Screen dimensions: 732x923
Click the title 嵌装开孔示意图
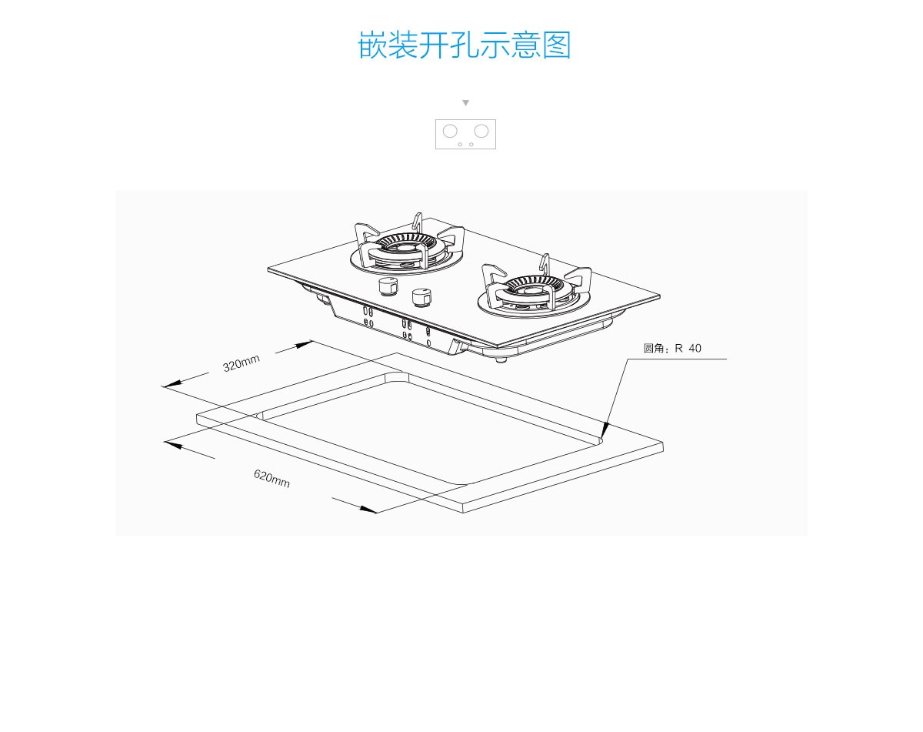(x=465, y=45)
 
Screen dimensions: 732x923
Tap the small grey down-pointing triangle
(x=465, y=102)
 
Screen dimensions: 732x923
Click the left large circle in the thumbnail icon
(x=450, y=131)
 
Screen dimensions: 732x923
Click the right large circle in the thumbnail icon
(x=481, y=131)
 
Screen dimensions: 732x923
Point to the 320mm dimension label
(x=242, y=363)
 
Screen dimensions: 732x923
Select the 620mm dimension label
(x=272, y=478)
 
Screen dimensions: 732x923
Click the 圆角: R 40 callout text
(x=672, y=349)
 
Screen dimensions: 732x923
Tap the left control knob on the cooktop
(x=388, y=287)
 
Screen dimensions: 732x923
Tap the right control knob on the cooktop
(x=421, y=296)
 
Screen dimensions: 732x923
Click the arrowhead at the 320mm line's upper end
(x=305, y=343)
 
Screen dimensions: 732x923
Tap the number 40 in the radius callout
(x=695, y=349)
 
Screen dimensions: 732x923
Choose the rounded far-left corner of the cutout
(x=259, y=416)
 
